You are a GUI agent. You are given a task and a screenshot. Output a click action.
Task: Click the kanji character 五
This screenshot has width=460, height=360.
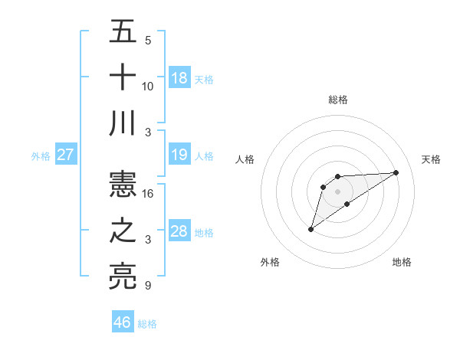(123, 33)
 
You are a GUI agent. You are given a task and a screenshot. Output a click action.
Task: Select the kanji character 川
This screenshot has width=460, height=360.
(123, 123)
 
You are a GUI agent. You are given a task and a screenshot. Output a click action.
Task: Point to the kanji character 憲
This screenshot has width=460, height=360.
(123, 185)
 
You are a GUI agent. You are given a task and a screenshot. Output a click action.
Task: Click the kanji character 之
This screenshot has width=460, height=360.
(123, 231)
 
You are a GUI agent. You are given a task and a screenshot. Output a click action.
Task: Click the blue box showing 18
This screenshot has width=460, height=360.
(179, 78)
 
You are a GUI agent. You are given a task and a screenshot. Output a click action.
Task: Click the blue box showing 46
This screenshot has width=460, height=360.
(123, 322)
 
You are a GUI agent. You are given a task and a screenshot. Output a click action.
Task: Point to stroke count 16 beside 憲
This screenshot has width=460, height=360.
(148, 194)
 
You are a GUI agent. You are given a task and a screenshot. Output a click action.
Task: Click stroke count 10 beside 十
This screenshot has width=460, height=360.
(148, 86)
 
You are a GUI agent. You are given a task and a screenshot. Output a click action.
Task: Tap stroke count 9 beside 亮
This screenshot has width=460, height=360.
(147, 286)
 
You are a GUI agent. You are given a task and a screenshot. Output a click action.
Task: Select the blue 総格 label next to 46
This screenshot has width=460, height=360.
(147, 324)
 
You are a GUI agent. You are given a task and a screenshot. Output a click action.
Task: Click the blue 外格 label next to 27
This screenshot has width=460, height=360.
(41, 156)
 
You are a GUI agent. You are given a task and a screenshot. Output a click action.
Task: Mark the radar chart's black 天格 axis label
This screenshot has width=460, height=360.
(432, 159)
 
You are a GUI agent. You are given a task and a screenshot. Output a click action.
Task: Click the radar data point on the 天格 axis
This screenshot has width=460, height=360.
(396, 172)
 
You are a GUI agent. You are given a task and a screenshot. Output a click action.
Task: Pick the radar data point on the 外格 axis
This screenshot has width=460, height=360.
(310, 229)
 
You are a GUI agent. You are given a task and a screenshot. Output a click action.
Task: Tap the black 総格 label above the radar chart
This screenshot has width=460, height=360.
(338, 100)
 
